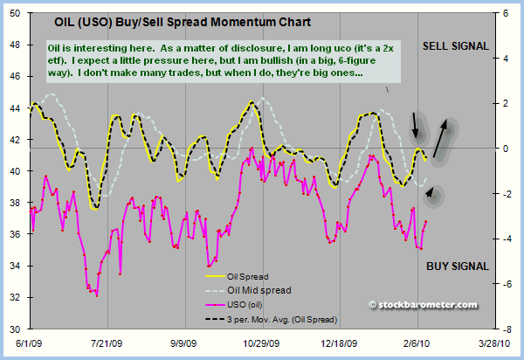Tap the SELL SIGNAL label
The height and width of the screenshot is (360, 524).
pyautogui.click(x=455, y=45)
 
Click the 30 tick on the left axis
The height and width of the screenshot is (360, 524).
pyautogui.click(x=15, y=329)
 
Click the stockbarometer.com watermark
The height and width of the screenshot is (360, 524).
pyautogui.click(x=424, y=305)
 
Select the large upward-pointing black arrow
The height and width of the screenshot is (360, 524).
pyautogui.click(x=446, y=135)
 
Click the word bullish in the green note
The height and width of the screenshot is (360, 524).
pyautogui.click(x=247, y=73)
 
